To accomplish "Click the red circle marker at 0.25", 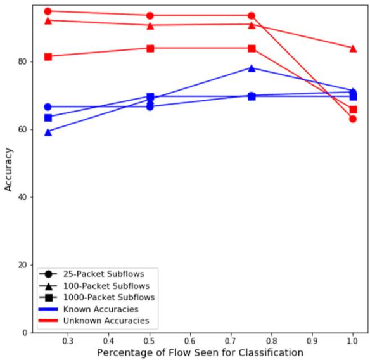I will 48,11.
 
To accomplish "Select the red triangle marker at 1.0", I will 353,48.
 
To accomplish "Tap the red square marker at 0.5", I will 150,48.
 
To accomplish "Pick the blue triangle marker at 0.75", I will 252,68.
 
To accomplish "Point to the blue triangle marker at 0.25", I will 48,132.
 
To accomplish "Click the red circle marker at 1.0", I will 353,119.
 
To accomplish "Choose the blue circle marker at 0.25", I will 48,106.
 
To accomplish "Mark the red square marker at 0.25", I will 48,56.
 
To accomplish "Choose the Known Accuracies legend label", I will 101,309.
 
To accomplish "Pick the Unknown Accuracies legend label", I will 106,321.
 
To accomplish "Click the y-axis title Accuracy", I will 8,169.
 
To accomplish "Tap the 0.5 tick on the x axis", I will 150,340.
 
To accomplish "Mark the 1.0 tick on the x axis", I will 353,340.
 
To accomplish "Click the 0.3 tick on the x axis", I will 68,340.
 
